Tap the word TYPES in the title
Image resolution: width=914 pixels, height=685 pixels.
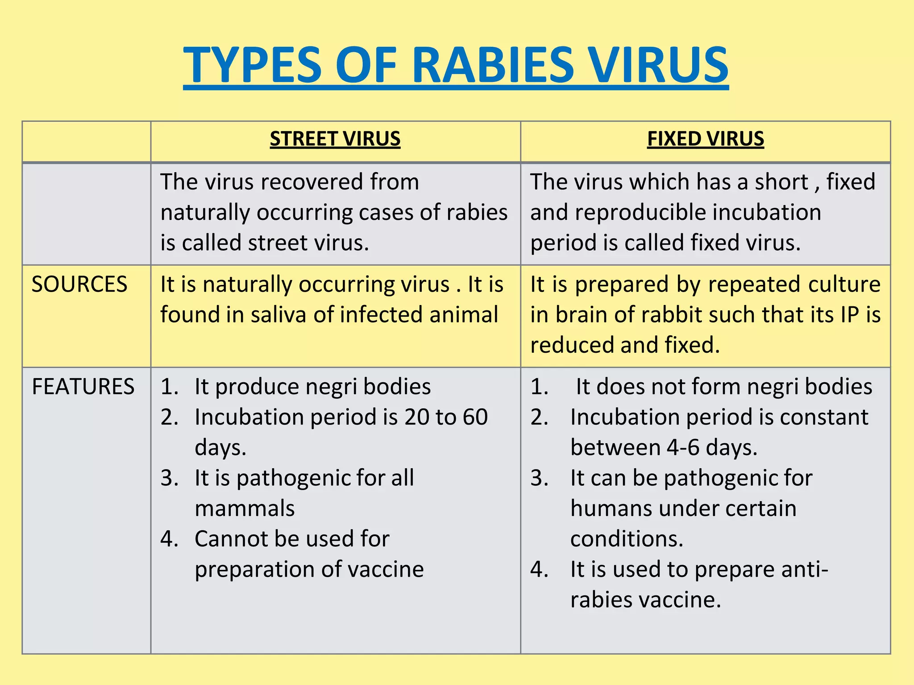click(253, 66)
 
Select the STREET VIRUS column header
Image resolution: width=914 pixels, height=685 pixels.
click(335, 139)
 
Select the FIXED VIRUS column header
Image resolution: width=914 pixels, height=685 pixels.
click(705, 139)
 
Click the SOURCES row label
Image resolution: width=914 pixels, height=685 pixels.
click(79, 285)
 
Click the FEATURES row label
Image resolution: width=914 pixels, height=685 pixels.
click(83, 387)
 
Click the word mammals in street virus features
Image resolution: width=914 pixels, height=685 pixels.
click(245, 509)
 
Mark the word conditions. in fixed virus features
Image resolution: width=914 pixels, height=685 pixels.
click(627, 539)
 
